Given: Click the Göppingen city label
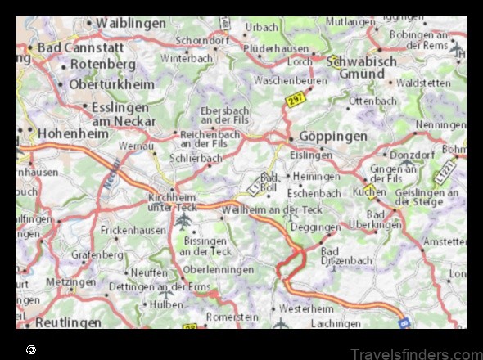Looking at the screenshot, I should click(x=332, y=136).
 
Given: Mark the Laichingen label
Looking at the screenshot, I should click(x=336, y=323).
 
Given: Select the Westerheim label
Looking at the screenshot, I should click(x=307, y=309).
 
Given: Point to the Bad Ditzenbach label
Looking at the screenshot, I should click(x=346, y=256).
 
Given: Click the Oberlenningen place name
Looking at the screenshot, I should click(x=219, y=269).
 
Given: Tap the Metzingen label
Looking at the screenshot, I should click(x=70, y=281).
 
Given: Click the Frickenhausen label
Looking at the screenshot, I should click(x=133, y=232).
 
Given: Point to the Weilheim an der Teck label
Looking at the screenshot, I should click(x=272, y=210).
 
